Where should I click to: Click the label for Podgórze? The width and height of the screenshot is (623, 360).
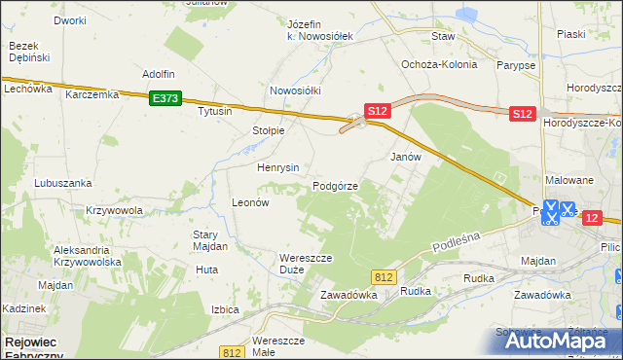coord(336,186)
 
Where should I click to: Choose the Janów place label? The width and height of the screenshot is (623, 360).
coord(405,157)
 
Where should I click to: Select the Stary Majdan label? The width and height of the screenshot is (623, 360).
coord(210,240)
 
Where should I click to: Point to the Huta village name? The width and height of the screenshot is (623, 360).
coord(205,269)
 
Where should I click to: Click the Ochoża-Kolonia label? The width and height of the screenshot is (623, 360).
coord(439,65)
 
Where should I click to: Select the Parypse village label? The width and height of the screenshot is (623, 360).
coord(516,65)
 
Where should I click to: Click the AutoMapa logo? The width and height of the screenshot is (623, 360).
coord(563,342)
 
